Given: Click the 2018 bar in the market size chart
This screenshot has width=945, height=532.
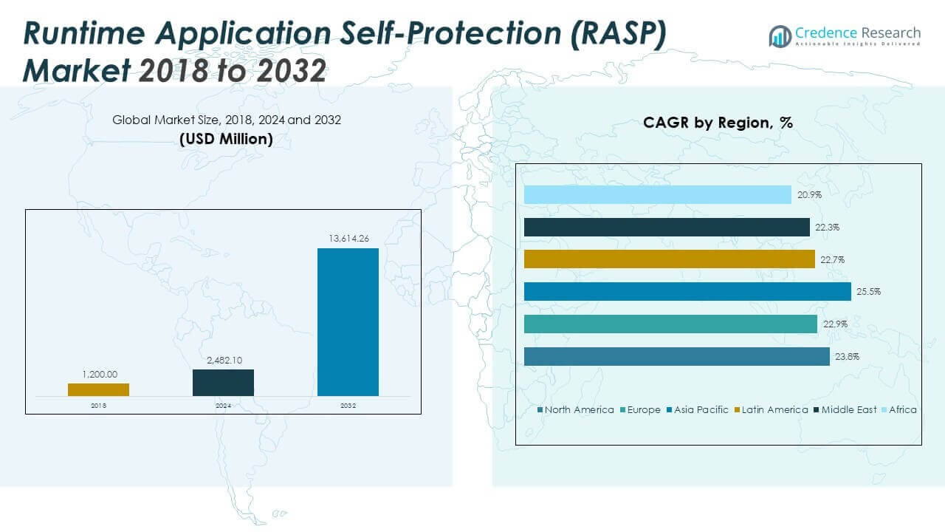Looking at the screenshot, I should coord(98,389).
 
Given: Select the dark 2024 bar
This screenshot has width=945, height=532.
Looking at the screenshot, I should coord(223,383).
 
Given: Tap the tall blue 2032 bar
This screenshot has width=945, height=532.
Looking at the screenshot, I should coord(348,321).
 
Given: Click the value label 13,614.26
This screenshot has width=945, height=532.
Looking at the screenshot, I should coord(348,238).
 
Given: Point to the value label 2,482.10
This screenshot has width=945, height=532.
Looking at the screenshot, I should coord(223,360).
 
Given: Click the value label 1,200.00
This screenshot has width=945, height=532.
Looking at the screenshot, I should coord(98,374).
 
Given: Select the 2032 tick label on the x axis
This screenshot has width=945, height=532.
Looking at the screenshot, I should coord(348,406).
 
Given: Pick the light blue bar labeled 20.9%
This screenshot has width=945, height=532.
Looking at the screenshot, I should coord(657,194).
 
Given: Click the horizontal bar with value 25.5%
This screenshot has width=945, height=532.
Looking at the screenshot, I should coord(687,291).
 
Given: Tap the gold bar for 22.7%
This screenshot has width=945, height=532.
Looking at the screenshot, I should coord(669,259).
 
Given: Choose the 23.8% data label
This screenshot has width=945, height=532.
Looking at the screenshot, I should coord(848,356).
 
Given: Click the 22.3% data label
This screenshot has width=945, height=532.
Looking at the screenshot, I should coord(828,227).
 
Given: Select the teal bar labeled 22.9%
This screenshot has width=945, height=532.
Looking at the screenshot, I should coord(670,324).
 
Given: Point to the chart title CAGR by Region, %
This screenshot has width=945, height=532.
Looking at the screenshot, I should coord(718,123).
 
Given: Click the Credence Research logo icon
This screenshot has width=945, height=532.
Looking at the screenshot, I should coord(780,35).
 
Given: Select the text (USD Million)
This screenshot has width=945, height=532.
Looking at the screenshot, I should coord(226,138).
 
